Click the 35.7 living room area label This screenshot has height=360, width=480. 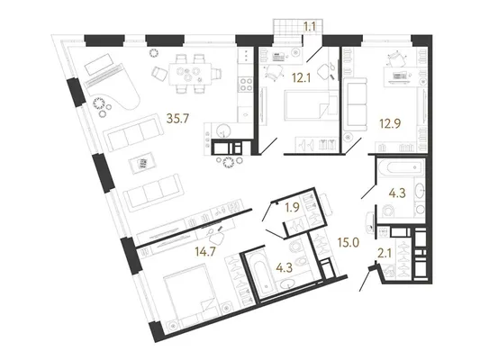coord(178,118)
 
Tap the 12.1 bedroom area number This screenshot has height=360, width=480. coord(302,78)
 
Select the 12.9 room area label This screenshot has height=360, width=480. coord(390,123)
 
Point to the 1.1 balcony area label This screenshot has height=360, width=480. coord(310,27)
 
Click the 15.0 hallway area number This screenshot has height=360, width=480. coord(348,242)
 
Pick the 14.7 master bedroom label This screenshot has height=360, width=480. coord(205,251)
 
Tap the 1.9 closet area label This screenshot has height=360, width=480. coord(292,208)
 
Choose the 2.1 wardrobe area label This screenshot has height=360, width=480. coord(385,253)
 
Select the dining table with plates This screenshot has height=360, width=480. coord(190,74)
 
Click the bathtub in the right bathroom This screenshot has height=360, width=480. coord(400,167)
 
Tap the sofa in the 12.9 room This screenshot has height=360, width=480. coord(356,104)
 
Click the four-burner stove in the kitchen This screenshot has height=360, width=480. coord(245,84)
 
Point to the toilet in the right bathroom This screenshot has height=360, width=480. coord(388,210)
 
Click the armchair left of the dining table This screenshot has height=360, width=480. coord(159,73)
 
